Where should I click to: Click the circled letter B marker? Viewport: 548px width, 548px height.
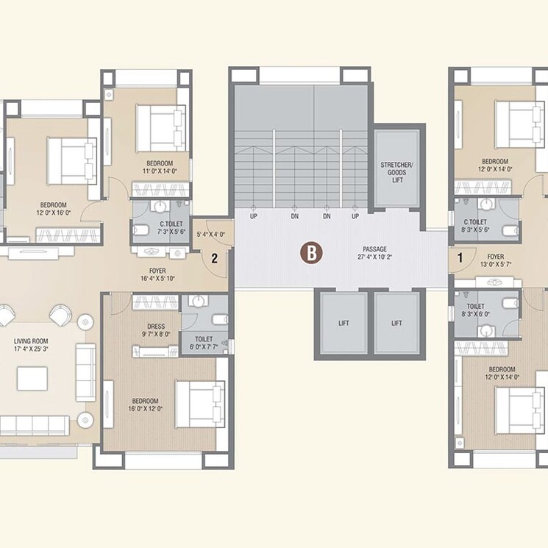click(312, 254)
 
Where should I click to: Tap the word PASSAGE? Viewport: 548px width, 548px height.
click(375, 249)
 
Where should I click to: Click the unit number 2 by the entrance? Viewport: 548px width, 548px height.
click(214, 258)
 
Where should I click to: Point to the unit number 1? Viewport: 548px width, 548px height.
click(460, 257)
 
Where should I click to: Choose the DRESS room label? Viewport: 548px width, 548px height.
click(156, 326)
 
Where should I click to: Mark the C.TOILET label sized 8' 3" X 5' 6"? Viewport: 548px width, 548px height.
click(474, 221)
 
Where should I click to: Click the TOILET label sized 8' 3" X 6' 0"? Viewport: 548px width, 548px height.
click(474, 305)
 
